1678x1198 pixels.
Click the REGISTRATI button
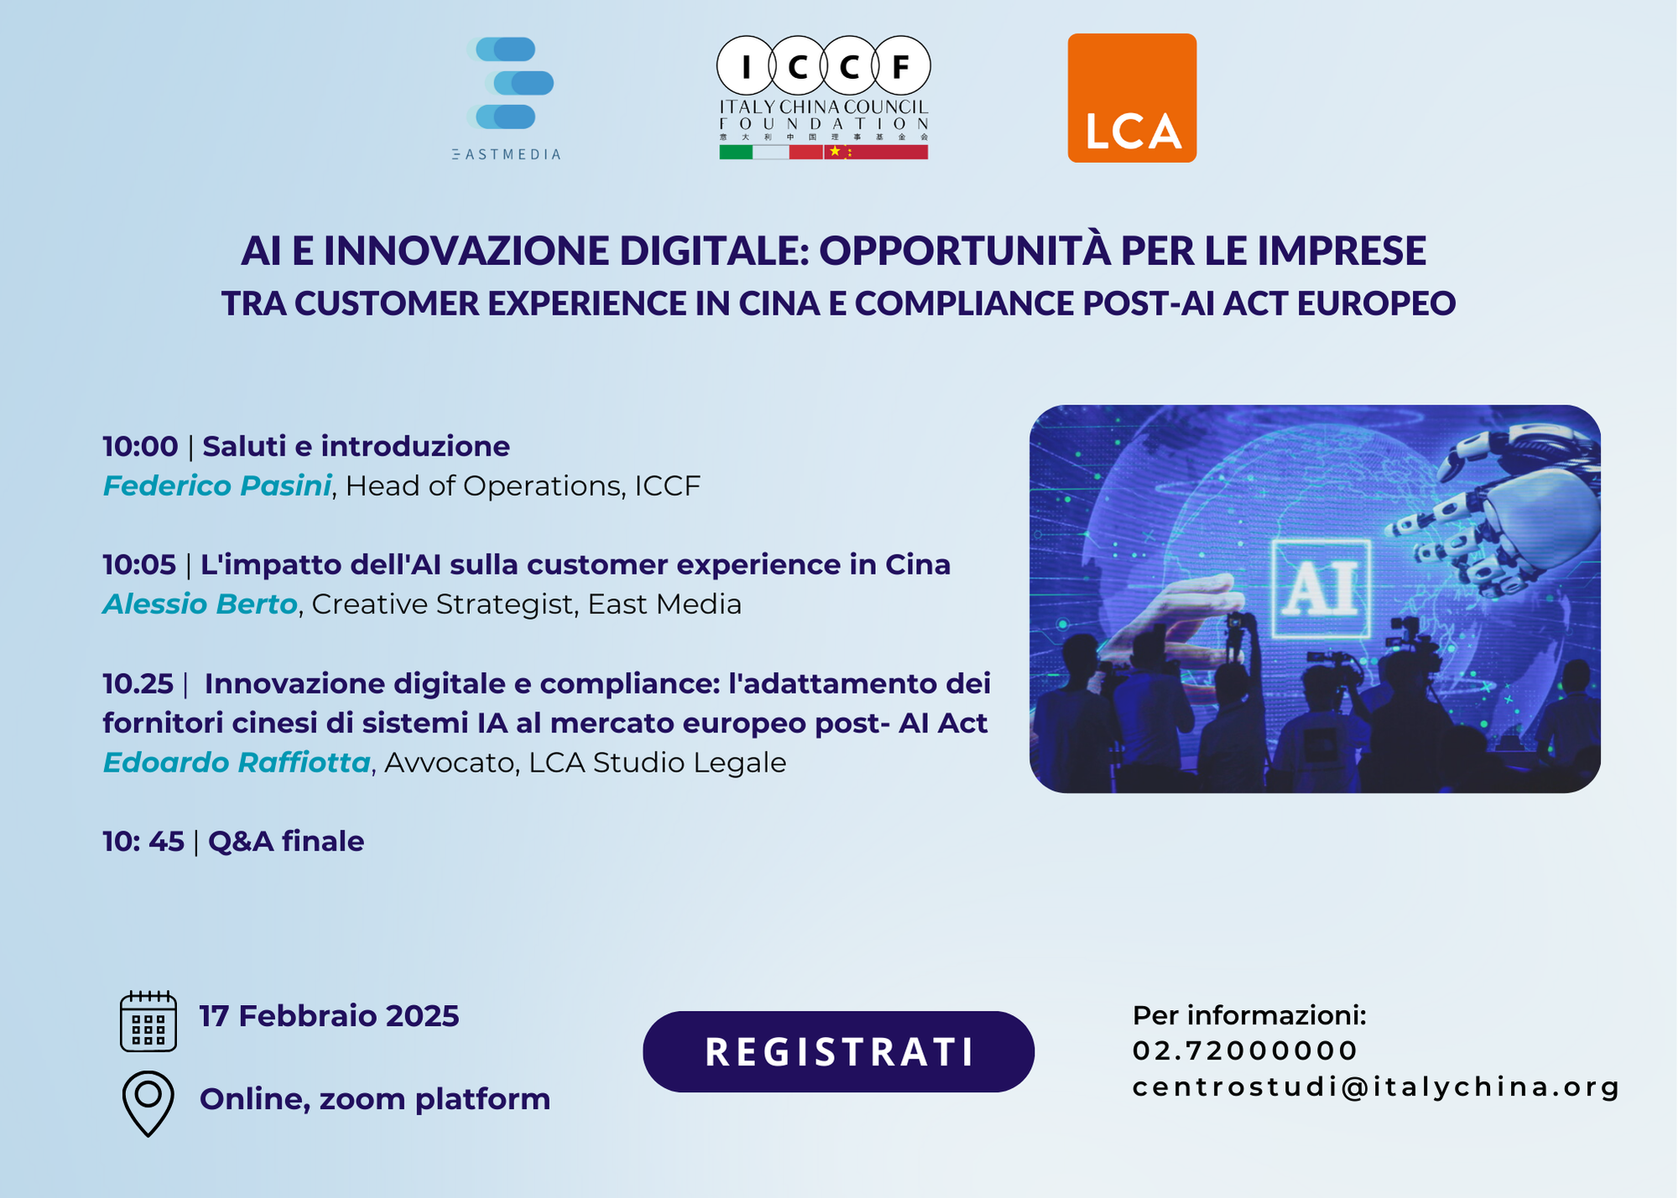[x=838, y=1051]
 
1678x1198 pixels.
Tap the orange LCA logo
[x=1132, y=98]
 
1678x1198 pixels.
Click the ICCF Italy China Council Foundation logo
[x=823, y=97]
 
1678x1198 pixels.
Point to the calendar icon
[x=149, y=1020]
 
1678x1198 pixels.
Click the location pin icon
[x=149, y=1103]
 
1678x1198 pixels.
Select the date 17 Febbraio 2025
[x=329, y=1016]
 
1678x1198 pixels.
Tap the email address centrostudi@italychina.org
[x=1375, y=1086]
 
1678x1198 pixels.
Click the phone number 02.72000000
[x=1245, y=1050]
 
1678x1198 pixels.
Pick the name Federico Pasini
[x=217, y=486]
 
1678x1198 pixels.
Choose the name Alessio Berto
[x=201, y=604]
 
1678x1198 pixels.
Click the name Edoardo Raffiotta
[x=237, y=763]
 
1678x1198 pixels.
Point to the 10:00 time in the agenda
[x=140, y=446]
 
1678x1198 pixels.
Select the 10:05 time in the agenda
[x=139, y=565]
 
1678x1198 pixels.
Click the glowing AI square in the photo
[x=1321, y=589]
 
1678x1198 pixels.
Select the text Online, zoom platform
[x=375, y=1099]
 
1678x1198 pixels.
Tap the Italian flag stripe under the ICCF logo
[x=753, y=152]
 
